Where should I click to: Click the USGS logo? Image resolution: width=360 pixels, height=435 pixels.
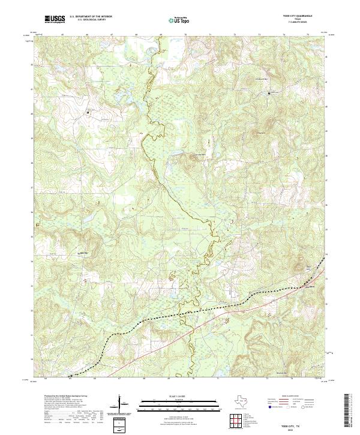tap(55, 19)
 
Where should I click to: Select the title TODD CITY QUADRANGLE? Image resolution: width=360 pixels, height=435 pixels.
tap(298, 17)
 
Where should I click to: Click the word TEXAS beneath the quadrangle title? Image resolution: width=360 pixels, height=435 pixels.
tap(298, 20)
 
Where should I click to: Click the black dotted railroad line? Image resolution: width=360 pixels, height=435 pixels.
tap(180, 313)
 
